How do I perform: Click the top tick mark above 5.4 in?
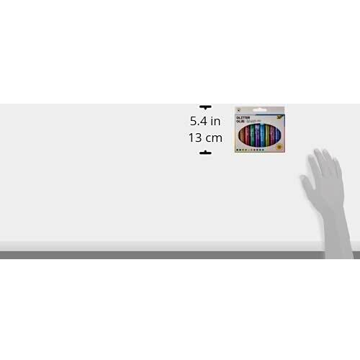(205, 106)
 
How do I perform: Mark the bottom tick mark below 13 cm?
(205, 152)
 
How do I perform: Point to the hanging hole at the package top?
(261, 111)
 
